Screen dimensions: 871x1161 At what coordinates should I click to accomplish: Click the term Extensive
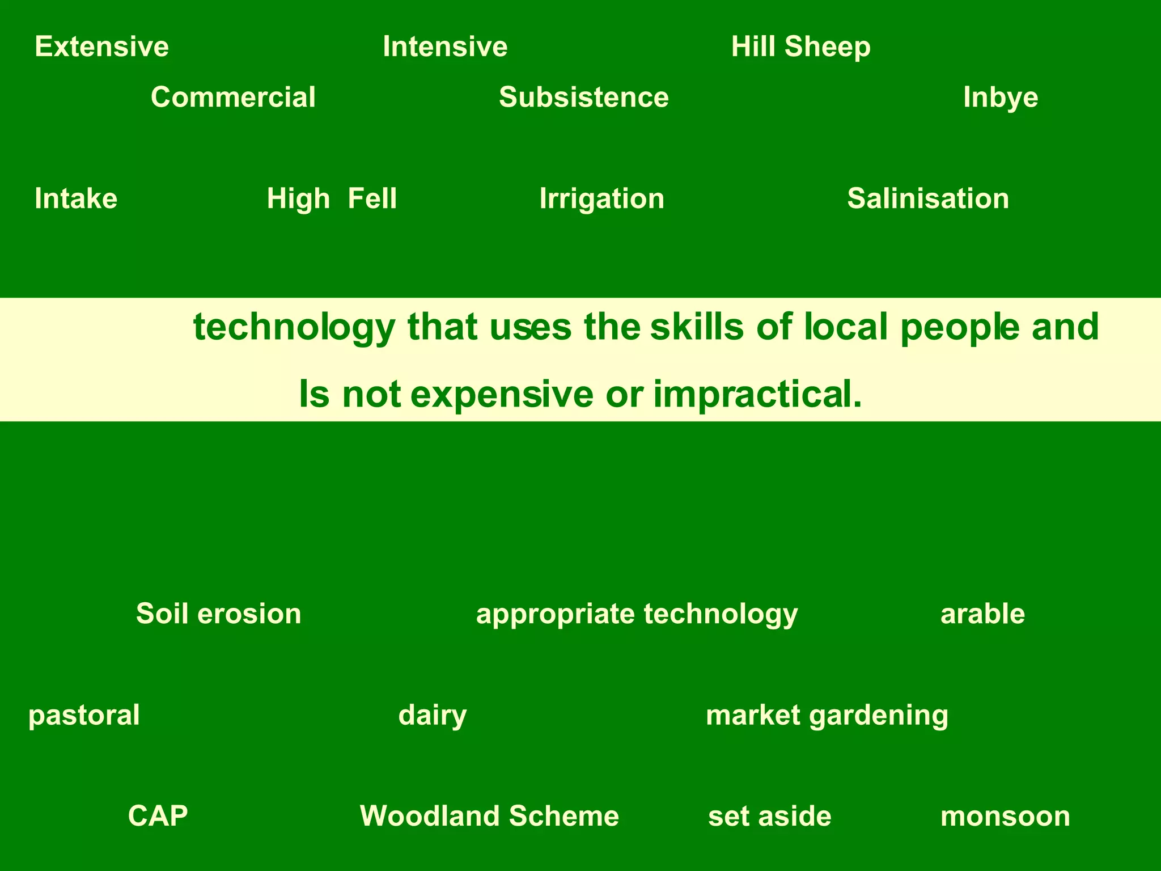coord(101,46)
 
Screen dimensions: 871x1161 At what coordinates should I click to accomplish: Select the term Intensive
coord(445,46)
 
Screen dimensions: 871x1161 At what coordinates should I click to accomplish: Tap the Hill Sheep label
coord(800,46)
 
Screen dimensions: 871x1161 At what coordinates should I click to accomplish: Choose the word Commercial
coord(233,97)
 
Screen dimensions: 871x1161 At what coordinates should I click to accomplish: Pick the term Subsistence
coord(584,97)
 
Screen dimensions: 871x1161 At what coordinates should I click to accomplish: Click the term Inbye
coord(1001,97)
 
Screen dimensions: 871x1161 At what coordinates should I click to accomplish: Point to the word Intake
coord(76,198)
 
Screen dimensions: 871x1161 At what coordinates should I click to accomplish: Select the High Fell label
coord(332,198)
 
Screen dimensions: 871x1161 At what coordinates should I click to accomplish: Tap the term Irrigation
coord(601,198)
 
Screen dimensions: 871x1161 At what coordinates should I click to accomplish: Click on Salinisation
coord(928,198)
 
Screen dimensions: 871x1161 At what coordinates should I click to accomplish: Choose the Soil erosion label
coord(218,614)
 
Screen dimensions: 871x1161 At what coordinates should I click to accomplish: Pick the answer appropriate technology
coord(637,614)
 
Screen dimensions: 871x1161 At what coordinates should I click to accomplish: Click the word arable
coord(982,614)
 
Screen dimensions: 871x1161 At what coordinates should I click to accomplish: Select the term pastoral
coord(84,715)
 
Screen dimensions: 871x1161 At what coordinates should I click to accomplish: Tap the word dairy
coord(433,715)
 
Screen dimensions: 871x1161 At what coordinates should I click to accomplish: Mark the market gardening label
coord(827,715)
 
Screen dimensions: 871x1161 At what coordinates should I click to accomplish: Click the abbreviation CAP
coord(158,816)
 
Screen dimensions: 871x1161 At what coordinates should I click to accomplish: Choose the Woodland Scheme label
coord(489,816)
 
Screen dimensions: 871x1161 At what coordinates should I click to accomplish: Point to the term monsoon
coord(1005,816)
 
